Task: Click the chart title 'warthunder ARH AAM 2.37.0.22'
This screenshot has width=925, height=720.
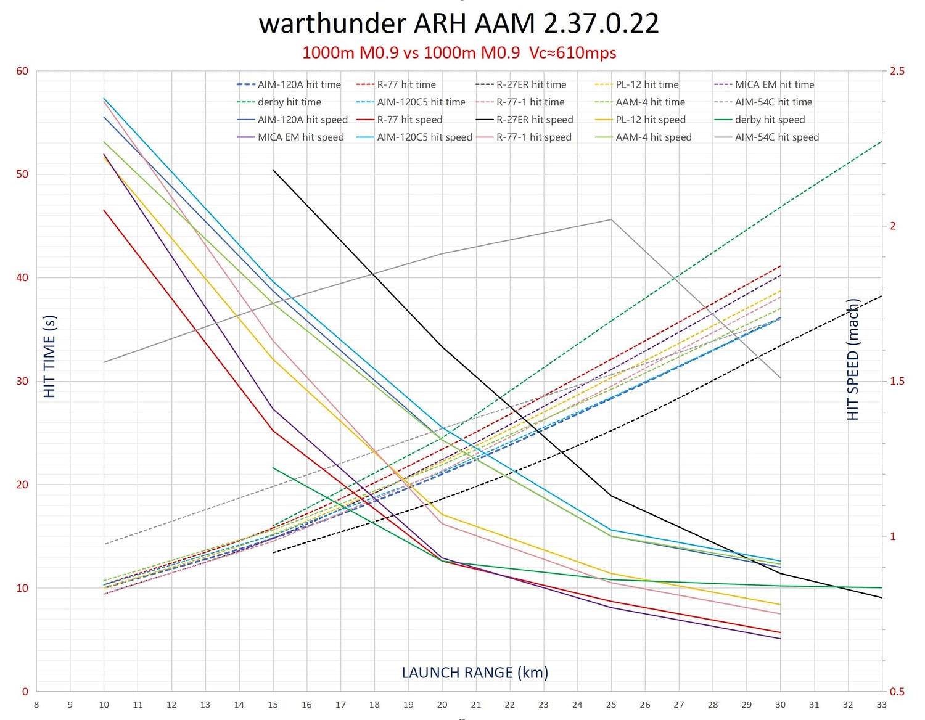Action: [459, 23]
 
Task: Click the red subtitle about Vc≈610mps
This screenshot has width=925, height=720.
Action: [459, 53]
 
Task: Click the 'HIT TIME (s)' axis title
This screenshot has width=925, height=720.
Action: [50, 356]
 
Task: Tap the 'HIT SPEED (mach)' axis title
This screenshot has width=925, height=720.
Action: [853, 360]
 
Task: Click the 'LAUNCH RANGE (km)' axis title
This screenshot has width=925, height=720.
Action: [475, 673]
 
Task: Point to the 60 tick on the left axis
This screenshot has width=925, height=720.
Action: [23, 71]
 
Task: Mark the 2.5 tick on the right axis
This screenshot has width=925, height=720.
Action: [897, 71]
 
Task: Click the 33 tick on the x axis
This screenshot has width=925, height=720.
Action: [882, 705]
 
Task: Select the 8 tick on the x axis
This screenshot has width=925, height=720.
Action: [36, 705]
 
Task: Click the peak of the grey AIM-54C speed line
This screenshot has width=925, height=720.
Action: [611, 219]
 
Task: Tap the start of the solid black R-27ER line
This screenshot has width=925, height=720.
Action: [273, 170]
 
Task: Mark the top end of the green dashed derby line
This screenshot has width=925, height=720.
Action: [882, 141]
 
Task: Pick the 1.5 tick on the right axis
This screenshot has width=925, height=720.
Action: [897, 381]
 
